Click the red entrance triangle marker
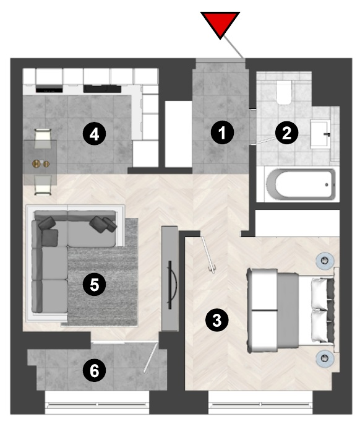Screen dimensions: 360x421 pos(220,24)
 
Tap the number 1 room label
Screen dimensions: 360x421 pos(222,132)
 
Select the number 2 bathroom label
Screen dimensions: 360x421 pos(287,132)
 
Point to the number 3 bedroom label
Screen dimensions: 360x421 pos(216,320)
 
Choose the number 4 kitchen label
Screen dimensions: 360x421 pos(94,134)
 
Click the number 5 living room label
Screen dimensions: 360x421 pos(94,285)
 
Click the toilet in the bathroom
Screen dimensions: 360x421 pos(284,92)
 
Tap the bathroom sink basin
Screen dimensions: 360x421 pos(320,134)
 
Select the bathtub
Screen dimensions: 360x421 pos(301,184)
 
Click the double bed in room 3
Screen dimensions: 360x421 pos(293,310)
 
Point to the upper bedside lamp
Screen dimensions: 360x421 pos(325,260)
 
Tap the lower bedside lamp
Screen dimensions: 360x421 pos(325,358)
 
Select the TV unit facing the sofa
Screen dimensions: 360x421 pos(169,278)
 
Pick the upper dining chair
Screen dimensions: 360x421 pos(43,138)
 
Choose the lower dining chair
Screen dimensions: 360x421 pos(43,184)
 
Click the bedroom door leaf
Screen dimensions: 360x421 pos(208,254)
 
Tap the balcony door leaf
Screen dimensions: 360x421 pos(151,358)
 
